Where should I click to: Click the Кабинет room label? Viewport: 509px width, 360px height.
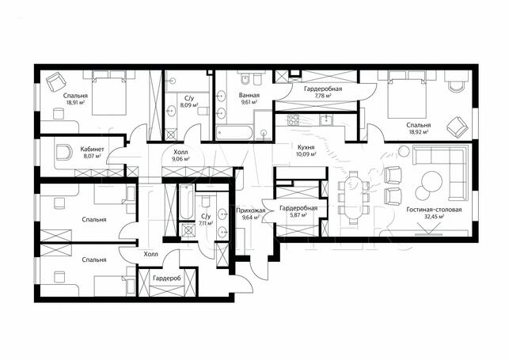[x=92, y=150]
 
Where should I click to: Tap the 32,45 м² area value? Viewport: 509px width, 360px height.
[x=434, y=216]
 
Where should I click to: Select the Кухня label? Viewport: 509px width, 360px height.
[x=306, y=148]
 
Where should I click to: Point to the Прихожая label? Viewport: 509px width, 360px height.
[x=251, y=210]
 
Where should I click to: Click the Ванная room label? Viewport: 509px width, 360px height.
[x=249, y=96]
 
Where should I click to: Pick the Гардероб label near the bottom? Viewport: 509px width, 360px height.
[x=167, y=279]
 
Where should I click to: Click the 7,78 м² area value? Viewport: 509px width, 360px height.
[x=323, y=96]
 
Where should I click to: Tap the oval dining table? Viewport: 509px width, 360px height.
[x=353, y=198]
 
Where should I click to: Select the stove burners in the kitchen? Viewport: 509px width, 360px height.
[x=293, y=120]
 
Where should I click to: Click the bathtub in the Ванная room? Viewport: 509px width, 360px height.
[x=234, y=133]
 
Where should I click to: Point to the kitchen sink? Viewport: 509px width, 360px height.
[x=325, y=120]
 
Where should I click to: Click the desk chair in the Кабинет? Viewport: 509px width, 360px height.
[x=64, y=152]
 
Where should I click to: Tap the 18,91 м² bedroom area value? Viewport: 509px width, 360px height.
[x=75, y=102]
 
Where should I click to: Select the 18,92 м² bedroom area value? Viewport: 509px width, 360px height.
[x=419, y=131]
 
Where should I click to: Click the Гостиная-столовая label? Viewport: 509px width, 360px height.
[x=434, y=210]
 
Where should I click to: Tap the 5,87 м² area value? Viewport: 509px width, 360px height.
[x=298, y=214]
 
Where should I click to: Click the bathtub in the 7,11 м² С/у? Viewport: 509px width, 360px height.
[x=187, y=202]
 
